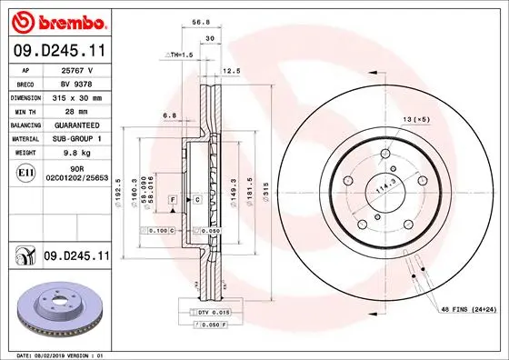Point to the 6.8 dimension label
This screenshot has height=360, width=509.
click(x=170, y=115)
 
